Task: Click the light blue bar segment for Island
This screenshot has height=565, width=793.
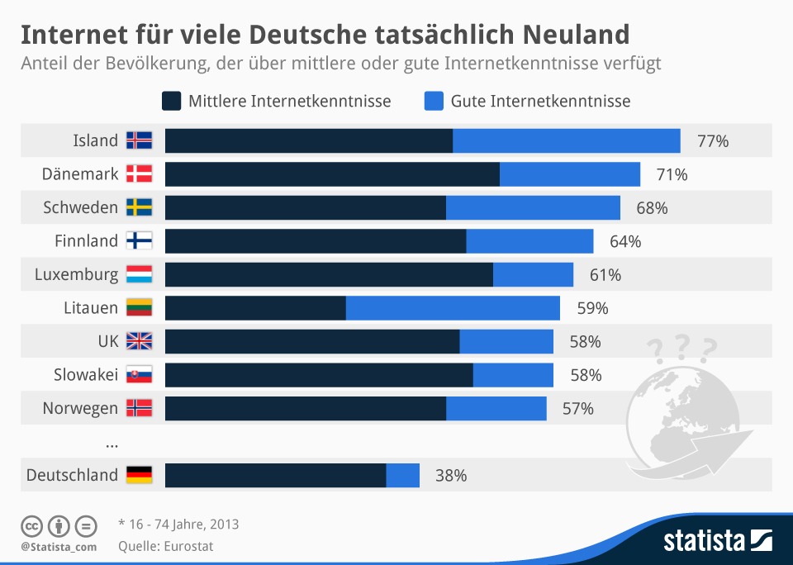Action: click(x=566, y=141)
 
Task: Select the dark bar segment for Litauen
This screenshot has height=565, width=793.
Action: click(x=255, y=308)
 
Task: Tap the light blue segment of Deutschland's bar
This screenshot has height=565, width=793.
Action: click(x=402, y=475)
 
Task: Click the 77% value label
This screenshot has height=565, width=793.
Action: click(x=713, y=141)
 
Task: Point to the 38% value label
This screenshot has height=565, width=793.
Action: click(x=451, y=476)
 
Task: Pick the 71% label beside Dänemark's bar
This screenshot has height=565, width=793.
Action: click(x=672, y=174)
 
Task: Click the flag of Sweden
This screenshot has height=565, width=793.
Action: click(x=139, y=207)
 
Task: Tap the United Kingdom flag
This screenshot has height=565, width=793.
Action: click(x=139, y=341)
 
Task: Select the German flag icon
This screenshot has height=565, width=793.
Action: click(x=139, y=475)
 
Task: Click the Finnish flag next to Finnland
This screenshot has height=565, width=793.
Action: click(x=139, y=241)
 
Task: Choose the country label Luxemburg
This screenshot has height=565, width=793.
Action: click(x=76, y=274)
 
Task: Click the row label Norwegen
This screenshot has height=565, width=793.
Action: click(x=80, y=408)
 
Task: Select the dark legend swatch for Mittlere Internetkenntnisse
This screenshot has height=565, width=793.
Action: click(x=172, y=102)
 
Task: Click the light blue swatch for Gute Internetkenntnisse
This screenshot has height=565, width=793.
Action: click(x=434, y=102)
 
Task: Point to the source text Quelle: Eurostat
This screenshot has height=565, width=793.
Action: click(x=166, y=546)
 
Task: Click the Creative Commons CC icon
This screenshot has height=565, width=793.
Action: click(x=31, y=526)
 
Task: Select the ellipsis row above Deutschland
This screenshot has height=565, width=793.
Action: click(x=112, y=444)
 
